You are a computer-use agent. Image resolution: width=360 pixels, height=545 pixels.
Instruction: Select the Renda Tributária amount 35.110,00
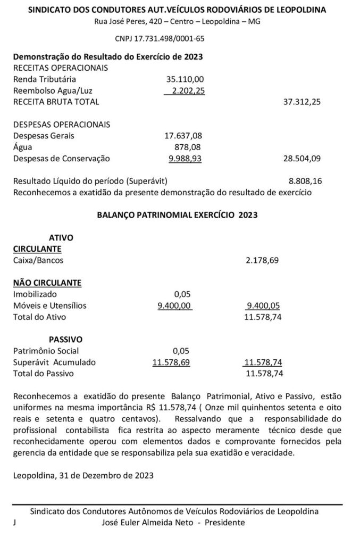[185, 79]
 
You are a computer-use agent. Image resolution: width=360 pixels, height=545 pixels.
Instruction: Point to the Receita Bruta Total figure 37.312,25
[303, 102]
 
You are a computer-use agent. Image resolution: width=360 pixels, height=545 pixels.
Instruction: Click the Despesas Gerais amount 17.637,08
[184, 136]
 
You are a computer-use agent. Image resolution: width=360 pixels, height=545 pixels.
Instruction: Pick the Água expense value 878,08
[188, 147]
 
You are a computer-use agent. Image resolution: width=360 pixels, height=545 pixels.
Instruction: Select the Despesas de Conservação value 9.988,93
[185, 158]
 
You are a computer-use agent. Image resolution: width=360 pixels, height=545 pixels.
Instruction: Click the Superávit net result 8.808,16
[305, 181]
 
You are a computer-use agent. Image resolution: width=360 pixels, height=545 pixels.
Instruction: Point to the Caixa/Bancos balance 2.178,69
[262, 260]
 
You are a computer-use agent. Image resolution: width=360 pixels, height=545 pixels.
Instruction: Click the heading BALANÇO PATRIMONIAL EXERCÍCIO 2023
[177, 215]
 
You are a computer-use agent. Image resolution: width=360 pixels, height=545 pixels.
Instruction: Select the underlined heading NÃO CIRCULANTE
[47, 283]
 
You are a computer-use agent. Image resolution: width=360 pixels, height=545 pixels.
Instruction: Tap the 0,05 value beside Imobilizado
[182, 294]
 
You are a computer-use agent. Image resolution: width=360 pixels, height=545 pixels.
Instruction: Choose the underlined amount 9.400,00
[174, 305]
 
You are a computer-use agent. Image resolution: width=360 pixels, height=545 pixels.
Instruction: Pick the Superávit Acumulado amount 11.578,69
[171, 362]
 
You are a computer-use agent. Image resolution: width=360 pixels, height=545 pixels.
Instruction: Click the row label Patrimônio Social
[46, 351]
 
